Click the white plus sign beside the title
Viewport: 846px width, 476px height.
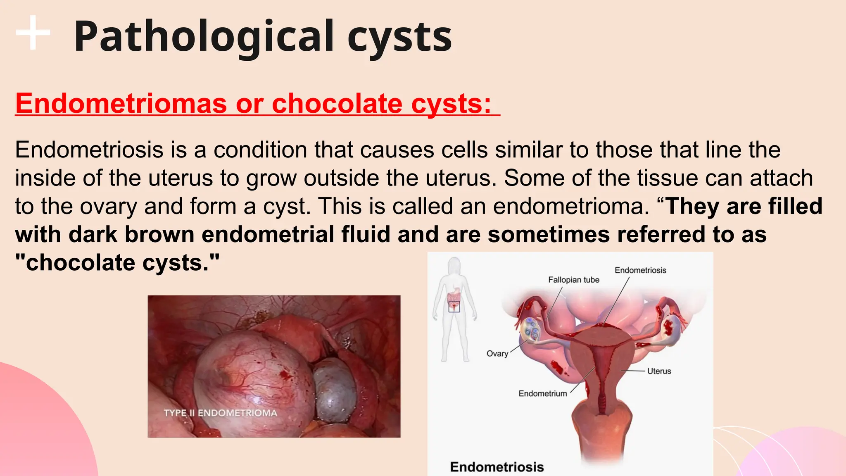tap(33, 33)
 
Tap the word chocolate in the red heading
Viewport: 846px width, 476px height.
tap(337, 103)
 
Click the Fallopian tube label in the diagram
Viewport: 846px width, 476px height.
tap(573, 280)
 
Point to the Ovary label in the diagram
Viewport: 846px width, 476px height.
tap(497, 354)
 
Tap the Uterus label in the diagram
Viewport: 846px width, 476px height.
tap(659, 371)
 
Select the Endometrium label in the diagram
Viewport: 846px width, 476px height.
tap(542, 394)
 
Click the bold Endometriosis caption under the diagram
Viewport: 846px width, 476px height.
tap(497, 467)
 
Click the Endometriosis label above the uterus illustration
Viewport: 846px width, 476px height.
tap(640, 270)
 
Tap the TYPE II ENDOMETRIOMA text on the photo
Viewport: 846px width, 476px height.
tap(220, 413)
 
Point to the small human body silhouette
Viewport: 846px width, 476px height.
tap(454, 310)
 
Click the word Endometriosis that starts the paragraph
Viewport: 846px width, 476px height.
tap(89, 150)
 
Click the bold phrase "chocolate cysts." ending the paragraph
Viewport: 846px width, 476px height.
tap(117, 263)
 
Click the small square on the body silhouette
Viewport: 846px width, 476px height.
tap(454, 307)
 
